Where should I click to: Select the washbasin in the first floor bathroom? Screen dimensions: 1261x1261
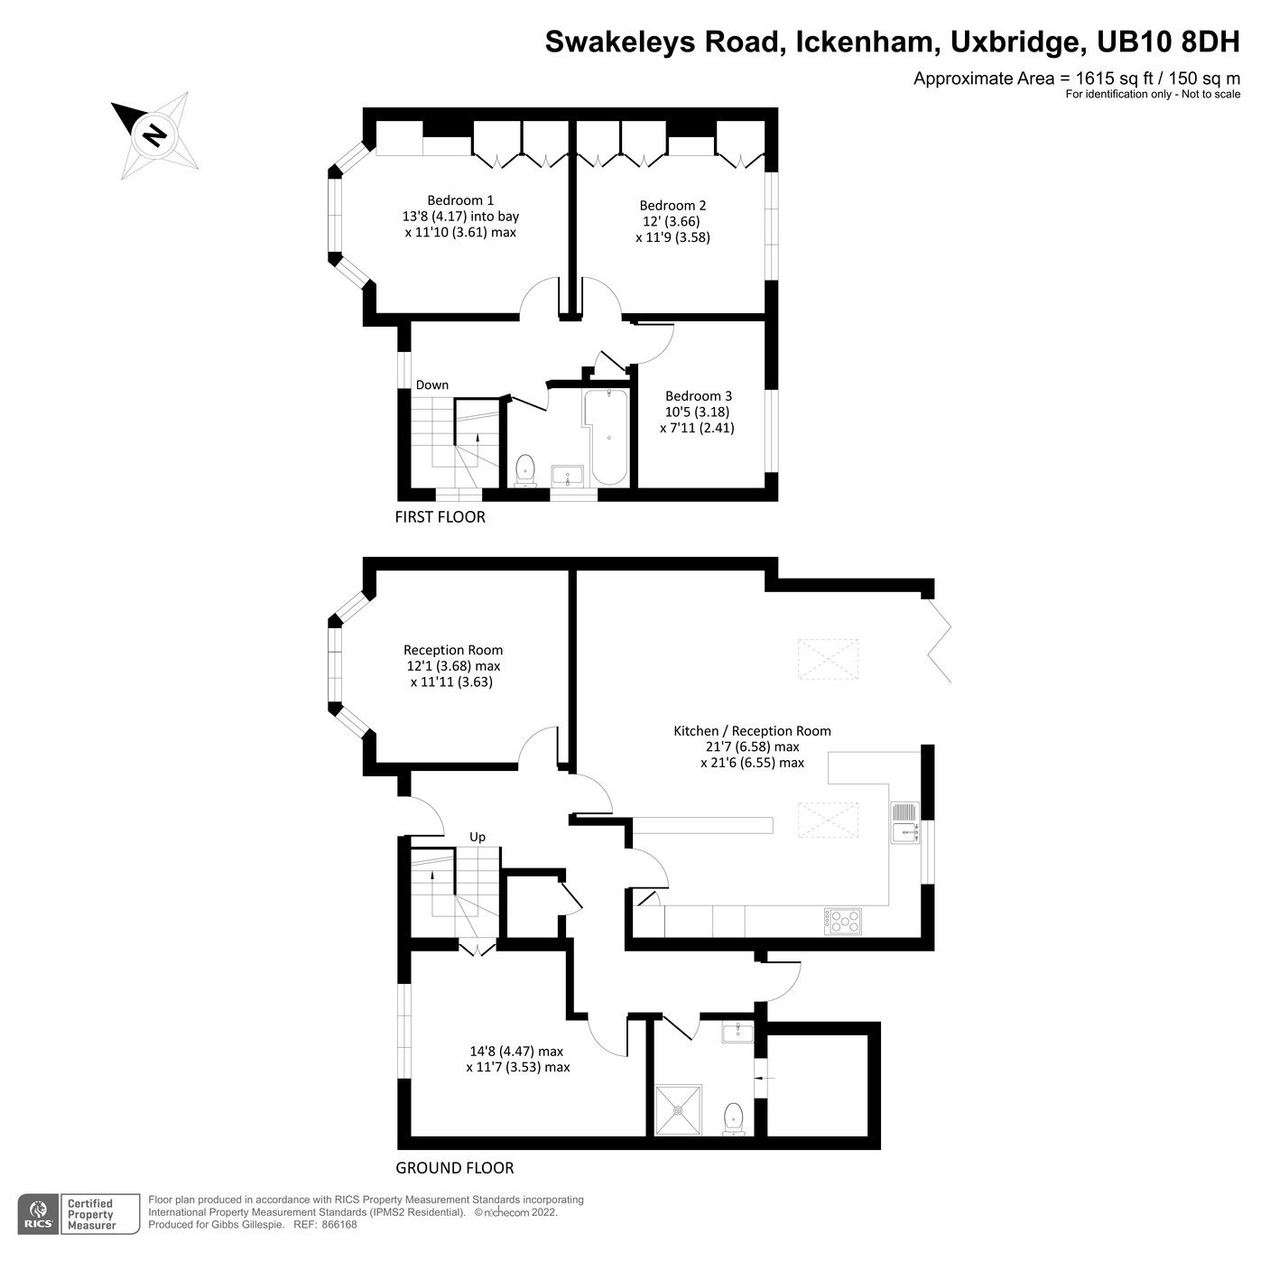[x=567, y=475]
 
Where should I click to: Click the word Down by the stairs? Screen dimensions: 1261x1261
[x=431, y=385]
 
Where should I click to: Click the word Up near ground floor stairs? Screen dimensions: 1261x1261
[x=478, y=837]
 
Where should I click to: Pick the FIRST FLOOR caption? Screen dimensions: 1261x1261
[x=440, y=517]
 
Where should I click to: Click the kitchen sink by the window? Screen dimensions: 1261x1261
[x=904, y=822]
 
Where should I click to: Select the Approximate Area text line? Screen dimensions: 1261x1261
[x=1076, y=79]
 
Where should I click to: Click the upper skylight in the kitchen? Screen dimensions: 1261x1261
[x=827, y=658]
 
